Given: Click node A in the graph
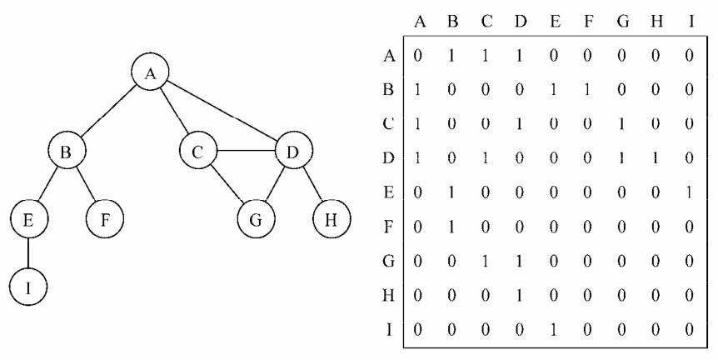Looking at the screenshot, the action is [x=150, y=72].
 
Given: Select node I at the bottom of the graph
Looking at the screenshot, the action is [x=28, y=287].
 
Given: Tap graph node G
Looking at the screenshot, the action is [x=256, y=219].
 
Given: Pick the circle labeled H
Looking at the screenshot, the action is [x=332, y=219].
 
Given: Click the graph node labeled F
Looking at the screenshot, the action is [x=105, y=219].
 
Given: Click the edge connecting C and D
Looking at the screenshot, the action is [x=246, y=151].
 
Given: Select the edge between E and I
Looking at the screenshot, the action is [x=28, y=253].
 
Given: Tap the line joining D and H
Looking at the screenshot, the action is [x=312, y=184].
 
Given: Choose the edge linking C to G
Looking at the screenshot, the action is [x=227, y=185].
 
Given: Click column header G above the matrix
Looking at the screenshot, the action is [x=623, y=22].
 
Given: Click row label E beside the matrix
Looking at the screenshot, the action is [x=388, y=192].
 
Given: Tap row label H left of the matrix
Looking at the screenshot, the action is [x=388, y=296].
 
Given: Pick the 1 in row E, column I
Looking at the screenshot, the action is [x=690, y=192].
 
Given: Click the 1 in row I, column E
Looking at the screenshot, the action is [x=554, y=330].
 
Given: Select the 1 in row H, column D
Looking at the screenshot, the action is [x=520, y=296].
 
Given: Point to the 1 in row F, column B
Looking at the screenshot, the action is [x=452, y=227].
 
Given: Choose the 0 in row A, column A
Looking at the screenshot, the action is [x=417, y=56].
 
